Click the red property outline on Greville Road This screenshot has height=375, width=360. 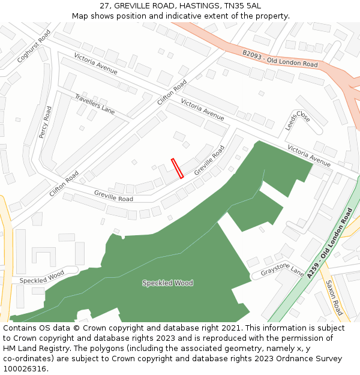click(x=177, y=168)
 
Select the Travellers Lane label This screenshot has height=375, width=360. click(x=95, y=104)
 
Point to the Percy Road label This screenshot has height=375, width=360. click(x=46, y=122)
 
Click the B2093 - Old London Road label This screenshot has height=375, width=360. click(x=280, y=59)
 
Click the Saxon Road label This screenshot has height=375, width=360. click(x=334, y=298)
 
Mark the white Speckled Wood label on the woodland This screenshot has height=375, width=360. click(x=167, y=283)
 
